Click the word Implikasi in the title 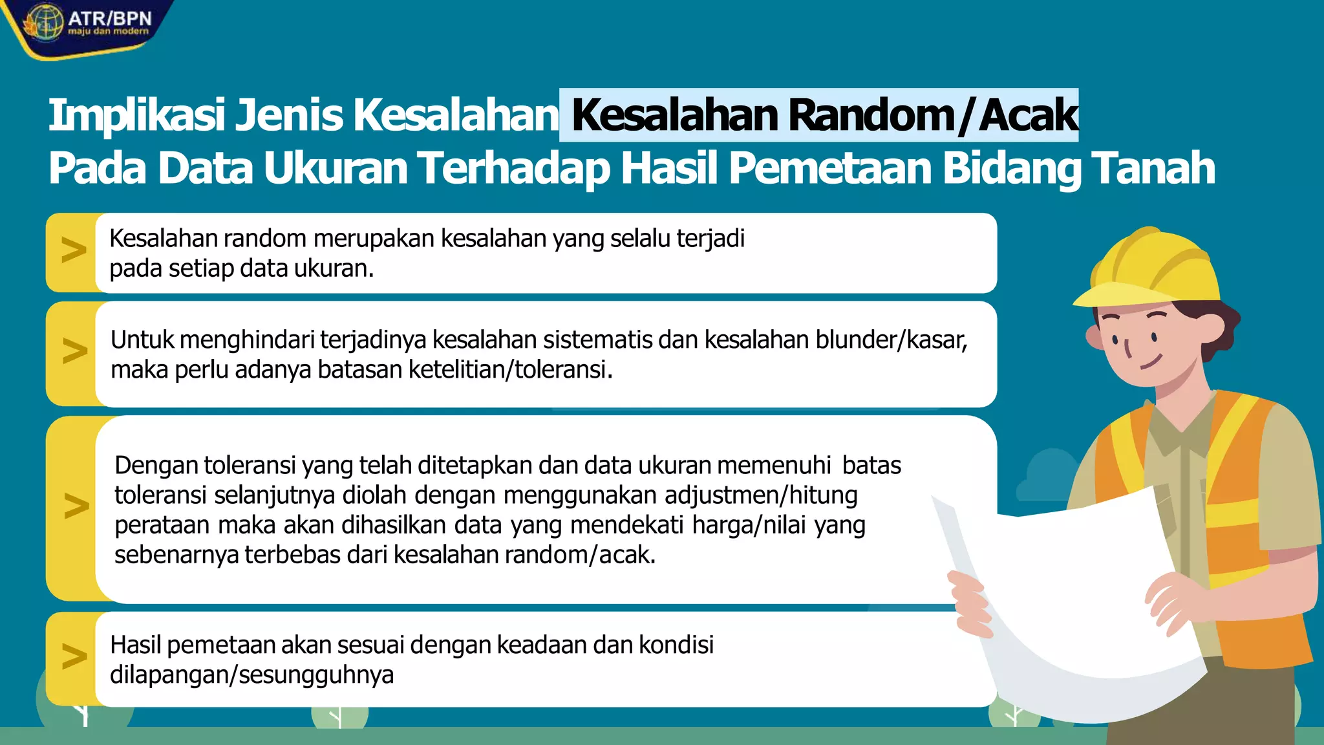tap(136, 116)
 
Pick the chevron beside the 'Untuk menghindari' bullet tap(74, 351)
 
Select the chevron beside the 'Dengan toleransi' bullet tap(76, 506)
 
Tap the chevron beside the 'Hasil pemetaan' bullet tap(74, 656)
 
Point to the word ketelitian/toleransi tap(510, 370)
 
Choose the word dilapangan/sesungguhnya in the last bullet tap(251, 675)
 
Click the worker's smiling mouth tap(1151, 362)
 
